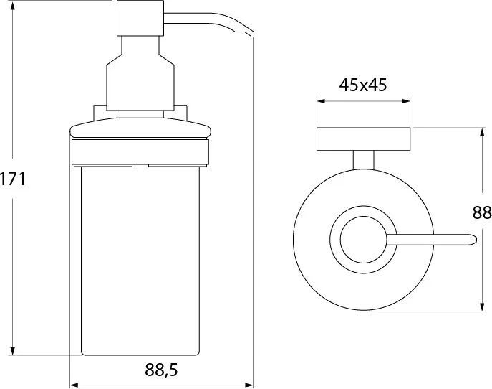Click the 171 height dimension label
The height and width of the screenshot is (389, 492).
coord(13,179)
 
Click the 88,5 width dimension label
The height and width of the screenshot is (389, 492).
coord(161,370)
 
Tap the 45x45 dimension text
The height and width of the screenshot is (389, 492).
coord(362,85)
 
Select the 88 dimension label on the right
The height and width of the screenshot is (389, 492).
coord(482,213)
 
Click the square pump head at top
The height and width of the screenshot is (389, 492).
coord(140,18)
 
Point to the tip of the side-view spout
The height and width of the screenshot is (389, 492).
coord(252,32)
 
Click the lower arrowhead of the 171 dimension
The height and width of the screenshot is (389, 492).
coord(13,351)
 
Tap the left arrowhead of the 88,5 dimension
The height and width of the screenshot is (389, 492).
coord(74,385)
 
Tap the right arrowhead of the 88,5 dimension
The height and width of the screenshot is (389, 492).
coord(249,385)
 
